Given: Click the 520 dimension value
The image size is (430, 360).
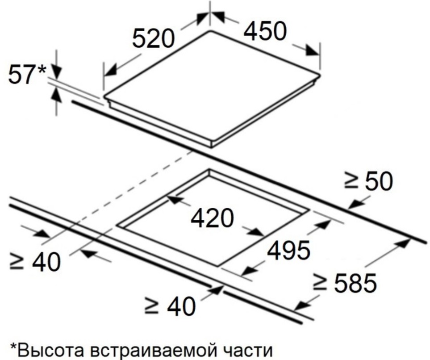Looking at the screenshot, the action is pyautogui.click(x=153, y=39).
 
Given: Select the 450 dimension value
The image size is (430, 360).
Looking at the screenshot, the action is pyautogui.click(x=265, y=31).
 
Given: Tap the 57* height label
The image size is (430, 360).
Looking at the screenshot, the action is pyautogui.click(x=27, y=74).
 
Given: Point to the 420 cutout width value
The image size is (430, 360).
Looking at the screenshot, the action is pyautogui.click(x=213, y=218).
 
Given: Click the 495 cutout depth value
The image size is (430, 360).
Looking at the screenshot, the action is pyautogui.click(x=289, y=251).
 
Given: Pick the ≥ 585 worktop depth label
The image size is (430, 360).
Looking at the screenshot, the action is pyautogui.click(x=345, y=283).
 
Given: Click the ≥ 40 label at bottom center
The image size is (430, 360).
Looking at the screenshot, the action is pyautogui.click(x=170, y=306).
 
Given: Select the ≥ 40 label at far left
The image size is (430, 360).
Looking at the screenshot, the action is pyautogui.click(x=35, y=262).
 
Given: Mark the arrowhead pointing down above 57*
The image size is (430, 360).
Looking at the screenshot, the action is pyautogui.click(x=56, y=72).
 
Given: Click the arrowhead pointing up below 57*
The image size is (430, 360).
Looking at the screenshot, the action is pyautogui.click(x=56, y=94).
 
